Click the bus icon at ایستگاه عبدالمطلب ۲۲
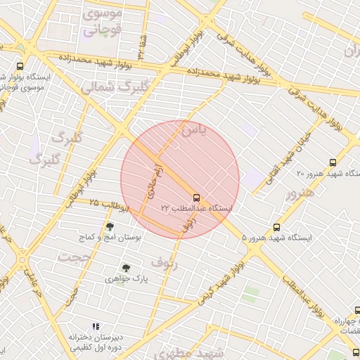coord(196,198)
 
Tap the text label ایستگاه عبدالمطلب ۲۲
coord(196,209)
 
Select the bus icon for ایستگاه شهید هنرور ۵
coord(276,227)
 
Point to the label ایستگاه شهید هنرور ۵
coord(276,238)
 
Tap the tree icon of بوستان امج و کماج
coord(110,226)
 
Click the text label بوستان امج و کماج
coord(110,238)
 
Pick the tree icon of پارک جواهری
coord(126,268)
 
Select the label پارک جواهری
coord(126,279)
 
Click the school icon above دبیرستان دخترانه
coord(96,326)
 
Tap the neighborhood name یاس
coord(193,131)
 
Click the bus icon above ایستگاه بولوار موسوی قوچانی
coord(20,66)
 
